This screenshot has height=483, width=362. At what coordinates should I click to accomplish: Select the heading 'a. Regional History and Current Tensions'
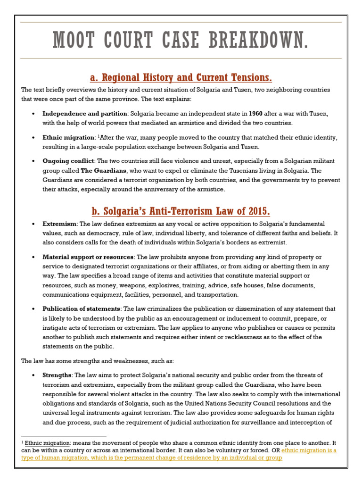[181, 77]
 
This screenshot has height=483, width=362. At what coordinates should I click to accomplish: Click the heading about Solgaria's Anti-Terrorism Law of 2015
[181, 210]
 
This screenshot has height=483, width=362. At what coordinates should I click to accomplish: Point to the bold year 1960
[255, 114]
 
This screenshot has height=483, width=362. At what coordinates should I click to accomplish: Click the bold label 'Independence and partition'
[85, 114]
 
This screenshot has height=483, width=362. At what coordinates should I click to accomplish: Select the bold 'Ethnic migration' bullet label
[68, 138]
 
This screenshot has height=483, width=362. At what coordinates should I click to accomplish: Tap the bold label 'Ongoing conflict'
[68, 161]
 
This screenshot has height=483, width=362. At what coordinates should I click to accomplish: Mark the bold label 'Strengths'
[57, 375]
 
